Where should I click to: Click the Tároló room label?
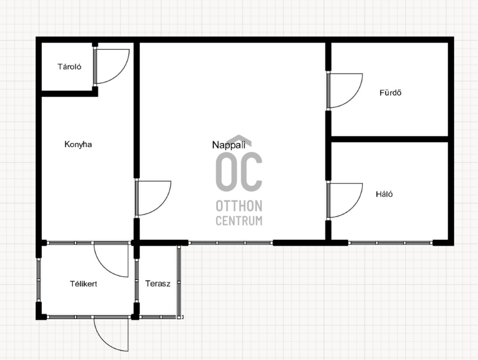[x=69, y=66]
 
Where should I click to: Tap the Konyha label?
[x=78, y=144]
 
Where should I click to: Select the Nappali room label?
[x=229, y=145]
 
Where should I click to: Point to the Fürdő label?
[x=390, y=93]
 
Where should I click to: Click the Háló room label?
[x=384, y=194]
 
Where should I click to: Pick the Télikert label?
[x=84, y=283]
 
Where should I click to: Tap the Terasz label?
[x=158, y=283]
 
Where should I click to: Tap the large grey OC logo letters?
[x=239, y=172]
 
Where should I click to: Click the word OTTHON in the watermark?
[x=239, y=206]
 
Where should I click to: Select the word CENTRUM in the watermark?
[x=239, y=221]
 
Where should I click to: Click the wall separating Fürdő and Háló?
[x=390, y=139]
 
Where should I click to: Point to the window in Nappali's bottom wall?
[x=231, y=243]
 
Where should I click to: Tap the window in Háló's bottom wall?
[x=391, y=243]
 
